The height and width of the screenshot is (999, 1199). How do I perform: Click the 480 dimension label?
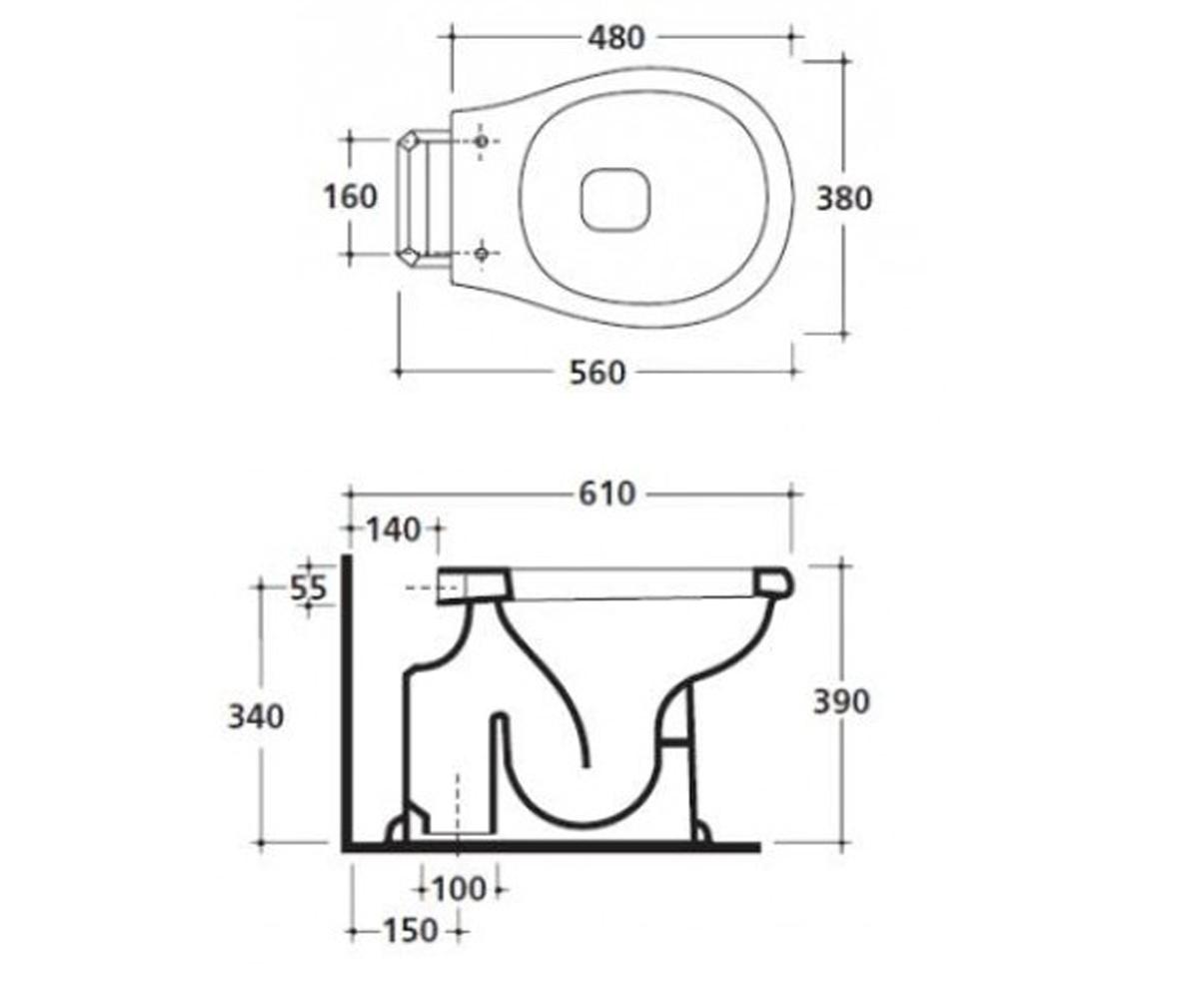coord(616,39)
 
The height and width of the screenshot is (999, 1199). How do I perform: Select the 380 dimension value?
coord(843,199)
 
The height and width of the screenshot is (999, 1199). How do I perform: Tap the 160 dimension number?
coord(351,197)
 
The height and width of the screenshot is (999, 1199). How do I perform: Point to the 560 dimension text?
coord(598,374)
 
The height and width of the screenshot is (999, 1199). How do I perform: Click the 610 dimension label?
coord(606,494)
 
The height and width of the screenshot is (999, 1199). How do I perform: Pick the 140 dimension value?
coord(394,529)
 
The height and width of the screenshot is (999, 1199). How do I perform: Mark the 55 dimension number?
coord(309,588)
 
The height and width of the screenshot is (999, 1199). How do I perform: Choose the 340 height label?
coord(256,717)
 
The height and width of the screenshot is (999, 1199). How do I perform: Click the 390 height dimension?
coord(842,701)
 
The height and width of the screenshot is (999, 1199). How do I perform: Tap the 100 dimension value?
coord(459,889)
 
